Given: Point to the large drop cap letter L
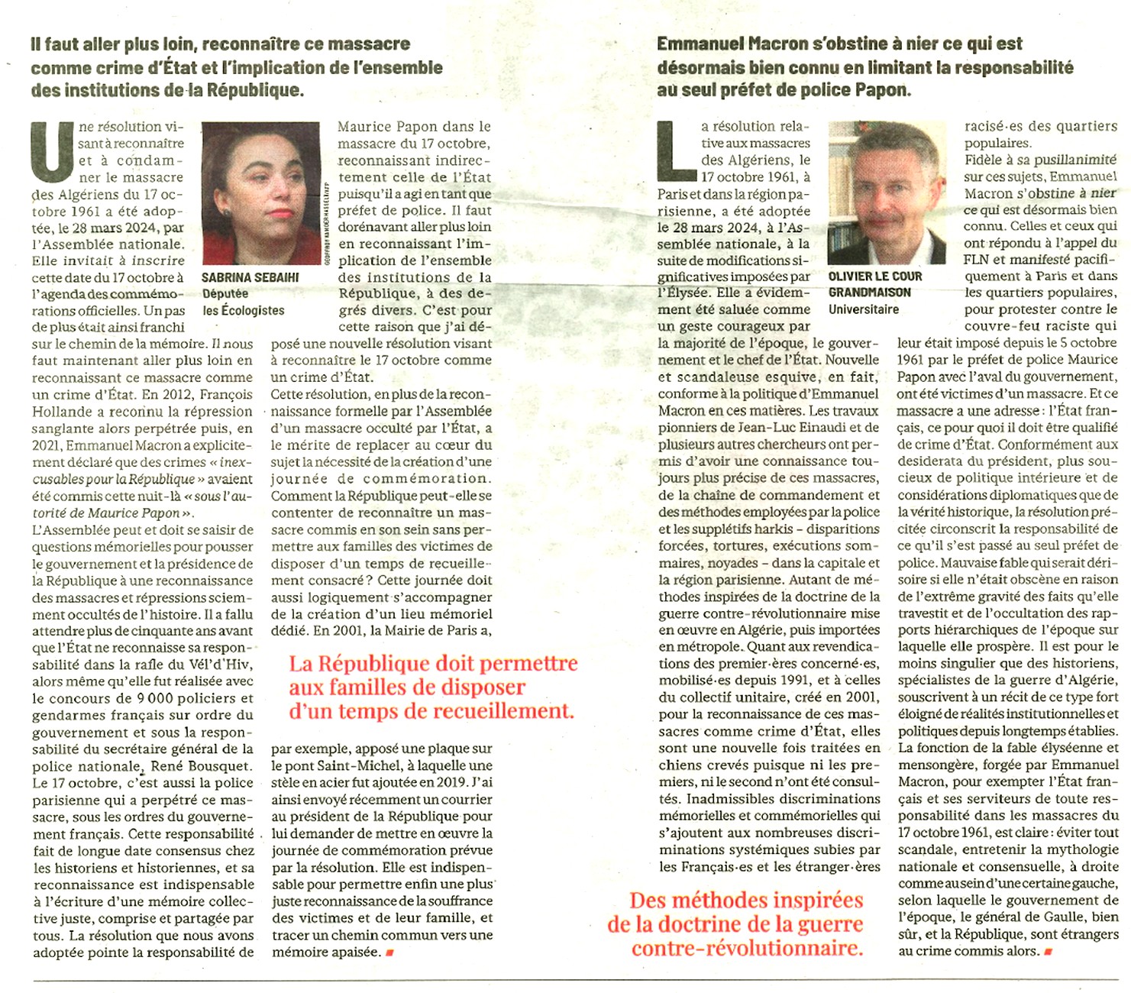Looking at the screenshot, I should point(676,147).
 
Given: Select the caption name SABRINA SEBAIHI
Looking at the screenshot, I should point(250,277).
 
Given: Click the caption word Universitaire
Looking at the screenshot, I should point(864,309).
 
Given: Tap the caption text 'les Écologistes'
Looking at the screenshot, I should point(244,310).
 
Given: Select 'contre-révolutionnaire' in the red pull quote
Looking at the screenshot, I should point(747,949).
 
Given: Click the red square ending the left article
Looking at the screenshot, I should point(390,953).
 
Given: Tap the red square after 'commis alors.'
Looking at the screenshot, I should point(1049,952).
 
